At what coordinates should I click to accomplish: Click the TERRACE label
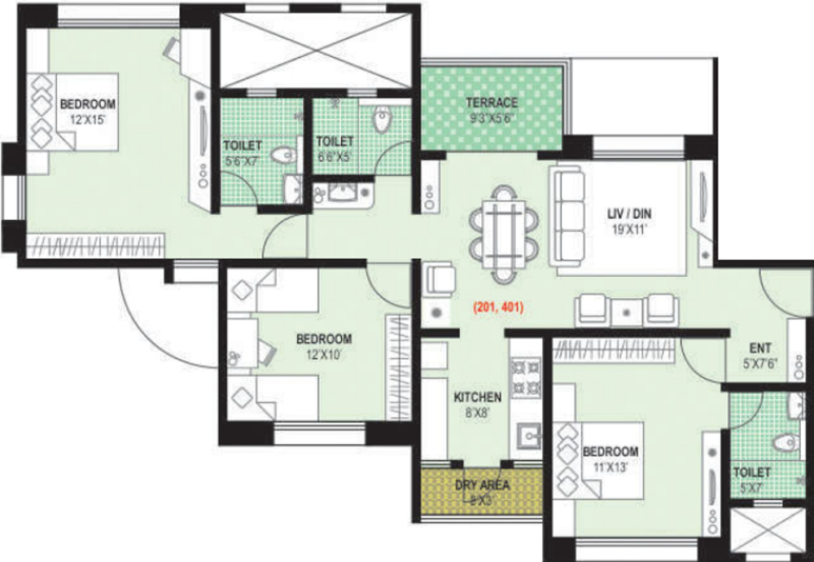coord(492,103)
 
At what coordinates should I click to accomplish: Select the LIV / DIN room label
coord(628,214)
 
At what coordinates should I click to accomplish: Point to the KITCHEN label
coord(477,397)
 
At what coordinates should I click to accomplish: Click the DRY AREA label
coord(483,485)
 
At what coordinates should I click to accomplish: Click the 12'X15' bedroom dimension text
coord(88,119)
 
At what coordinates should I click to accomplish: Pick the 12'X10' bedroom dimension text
coord(323,354)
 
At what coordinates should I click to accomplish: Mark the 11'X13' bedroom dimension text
coord(610,468)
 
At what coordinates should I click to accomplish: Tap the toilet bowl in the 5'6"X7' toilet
coord(282,155)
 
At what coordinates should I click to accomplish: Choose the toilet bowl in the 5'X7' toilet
coord(784,442)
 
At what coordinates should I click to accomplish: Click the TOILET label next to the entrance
coord(751,472)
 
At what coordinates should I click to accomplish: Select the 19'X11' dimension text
coord(628,229)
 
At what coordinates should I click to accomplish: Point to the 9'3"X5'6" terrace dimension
coord(492,117)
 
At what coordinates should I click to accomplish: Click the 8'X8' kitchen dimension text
coord(477,411)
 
